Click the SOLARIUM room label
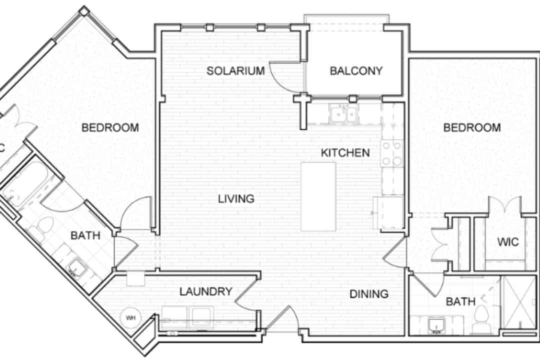pyautogui.click(x=235, y=71)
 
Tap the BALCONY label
pyautogui.click(x=356, y=71)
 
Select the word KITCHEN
pyautogui.click(x=345, y=152)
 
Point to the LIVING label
pyautogui.click(x=236, y=199)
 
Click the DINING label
pyautogui.click(x=369, y=294)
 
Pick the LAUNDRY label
pyautogui.click(x=206, y=291)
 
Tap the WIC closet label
pyautogui.click(x=508, y=242)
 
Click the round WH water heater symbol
pyautogui.click(x=130, y=317)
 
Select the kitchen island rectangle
pyautogui.click(x=318, y=196)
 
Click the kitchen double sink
pyautogui.click(x=343, y=114)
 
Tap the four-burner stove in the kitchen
pyautogui.click(x=392, y=153)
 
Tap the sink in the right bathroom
pyautogui.click(x=436, y=325)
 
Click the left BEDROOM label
pyautogui.click(x=110, y=128)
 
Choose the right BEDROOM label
pyautogui.click(x=472, y=128)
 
